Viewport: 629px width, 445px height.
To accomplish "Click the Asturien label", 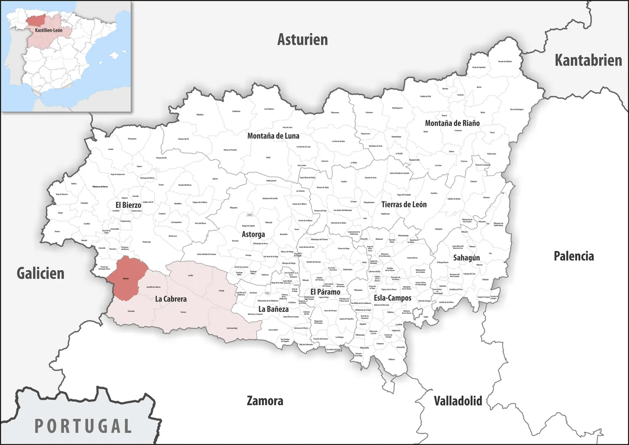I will coord(302,39).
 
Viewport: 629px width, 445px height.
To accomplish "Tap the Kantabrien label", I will coord(588,60).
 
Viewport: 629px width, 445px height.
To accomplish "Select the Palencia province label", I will coord(573,256).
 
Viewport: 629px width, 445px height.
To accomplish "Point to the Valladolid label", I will coord(457,400).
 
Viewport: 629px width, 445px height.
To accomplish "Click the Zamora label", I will coord(265,401).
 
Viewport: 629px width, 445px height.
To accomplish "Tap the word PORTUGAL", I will coord(84,426).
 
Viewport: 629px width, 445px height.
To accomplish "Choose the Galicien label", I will coord(41,273).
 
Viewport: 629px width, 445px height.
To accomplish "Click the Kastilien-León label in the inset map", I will coord(49,30).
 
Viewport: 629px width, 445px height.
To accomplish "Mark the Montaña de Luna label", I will coord(273,136).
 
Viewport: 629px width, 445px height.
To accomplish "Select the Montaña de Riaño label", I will coord(452,123).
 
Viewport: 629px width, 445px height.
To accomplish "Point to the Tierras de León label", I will coord(404,204).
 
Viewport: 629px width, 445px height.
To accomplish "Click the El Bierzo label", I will coord(128,204).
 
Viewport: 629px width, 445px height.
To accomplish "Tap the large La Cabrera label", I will coord(171,298).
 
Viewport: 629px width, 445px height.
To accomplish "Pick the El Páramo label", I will coord(325,292).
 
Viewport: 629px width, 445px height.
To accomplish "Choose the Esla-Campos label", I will coord(393,298).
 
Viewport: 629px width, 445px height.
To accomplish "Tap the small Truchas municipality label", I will coord(183,312).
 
